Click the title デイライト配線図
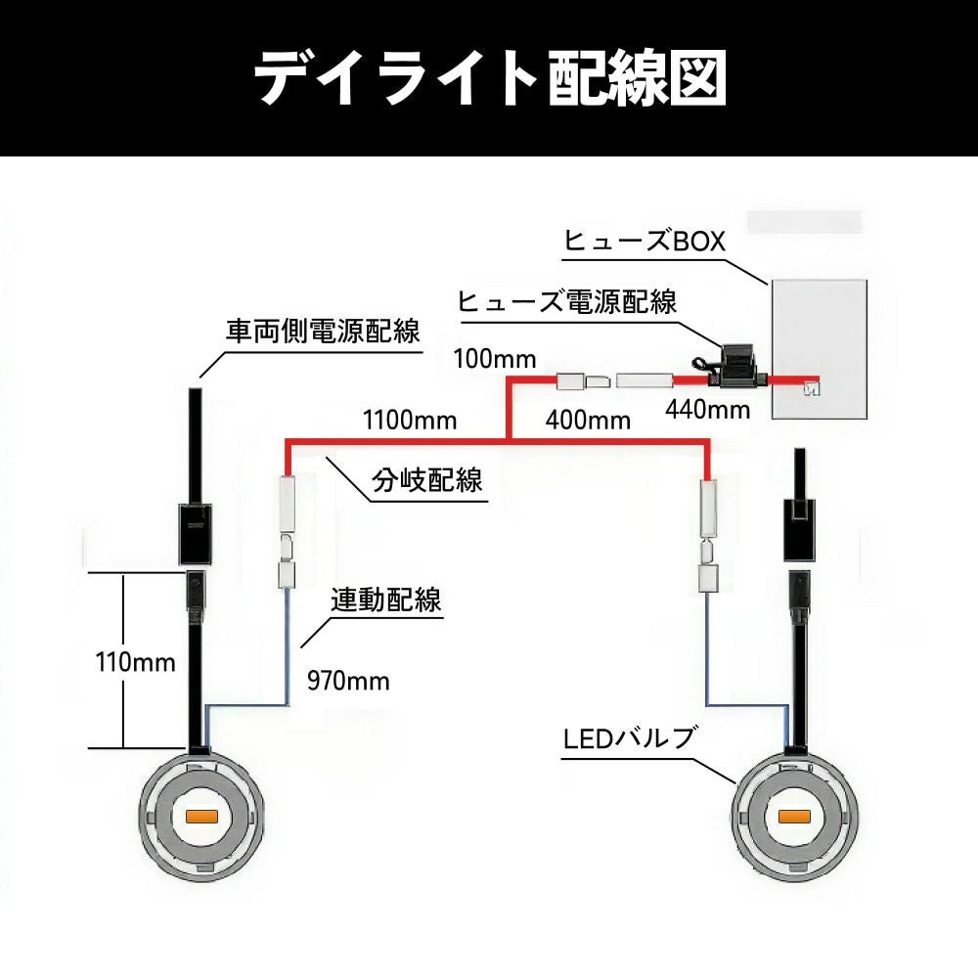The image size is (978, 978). pyautogui.click(x=489, y=77)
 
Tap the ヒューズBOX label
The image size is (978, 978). pyautogui.click(x=645, y=241)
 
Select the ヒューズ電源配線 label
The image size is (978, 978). pyautogui.click(x=567, y=301)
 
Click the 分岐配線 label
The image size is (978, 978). pyautogui.click(x=427, y=480)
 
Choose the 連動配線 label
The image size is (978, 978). pyautogui.click(x=385, y=600)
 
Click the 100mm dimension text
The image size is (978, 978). pyautogui.click(x=495, y=358)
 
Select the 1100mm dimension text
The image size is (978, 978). pyautogui.click(x=410, y=422)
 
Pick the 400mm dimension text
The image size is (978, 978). pyautogui.click(x=587, y=422)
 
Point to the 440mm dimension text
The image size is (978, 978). pyautogui.click(x=708, y=409)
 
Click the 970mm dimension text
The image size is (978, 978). pyautogui.click(x=348, y=681)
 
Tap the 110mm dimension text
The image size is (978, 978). pyautogui.click(x=136, y=662)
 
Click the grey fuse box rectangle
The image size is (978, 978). pyautogui.click(x=819, y=348)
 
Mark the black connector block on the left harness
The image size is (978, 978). pyautogui.click(x=196, y=533)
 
